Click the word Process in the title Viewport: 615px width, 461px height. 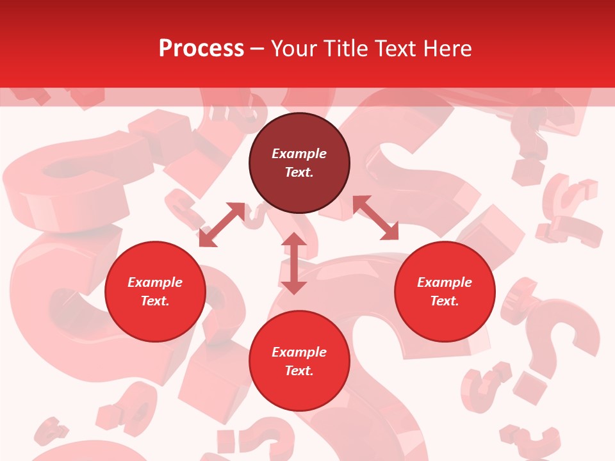point(201,49)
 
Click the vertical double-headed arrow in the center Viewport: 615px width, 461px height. point(293,263)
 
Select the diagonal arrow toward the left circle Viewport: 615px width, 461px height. point(222,225)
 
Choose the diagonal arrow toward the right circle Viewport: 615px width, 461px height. point(375,218)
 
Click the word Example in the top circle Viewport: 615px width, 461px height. point(299,154)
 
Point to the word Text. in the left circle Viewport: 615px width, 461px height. point(155,301)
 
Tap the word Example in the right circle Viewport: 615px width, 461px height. point(445,282)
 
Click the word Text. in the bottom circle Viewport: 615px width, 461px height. point(299,371)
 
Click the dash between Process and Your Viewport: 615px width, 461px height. point(258,49)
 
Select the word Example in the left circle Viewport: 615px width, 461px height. point(155,282)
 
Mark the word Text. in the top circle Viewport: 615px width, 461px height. point(299,172)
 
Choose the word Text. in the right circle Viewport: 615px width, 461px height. point(445,301)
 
